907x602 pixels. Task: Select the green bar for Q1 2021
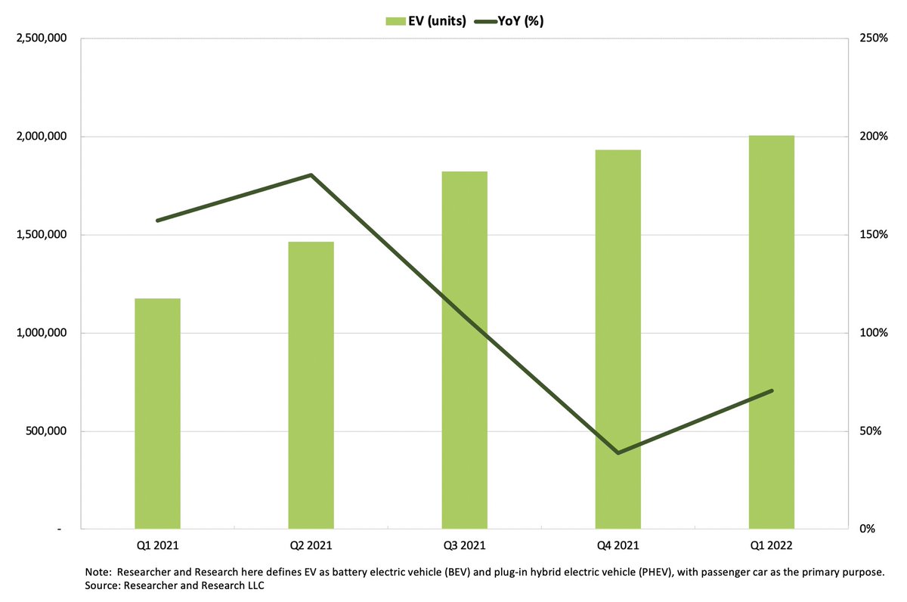(157, 413)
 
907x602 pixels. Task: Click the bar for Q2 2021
(311, 385)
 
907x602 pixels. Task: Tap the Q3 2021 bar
(464, 350)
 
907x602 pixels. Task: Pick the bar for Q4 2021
(618, 339)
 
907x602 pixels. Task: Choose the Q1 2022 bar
(772, 332)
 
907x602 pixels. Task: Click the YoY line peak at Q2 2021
(311, 175)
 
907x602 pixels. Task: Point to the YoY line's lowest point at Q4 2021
(618, 452)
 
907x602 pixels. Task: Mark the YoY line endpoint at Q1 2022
(772, 391)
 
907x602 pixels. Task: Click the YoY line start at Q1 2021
(157, 221)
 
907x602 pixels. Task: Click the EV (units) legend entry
(423, 21)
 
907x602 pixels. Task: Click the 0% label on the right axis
(867, 529)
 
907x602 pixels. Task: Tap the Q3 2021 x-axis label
(464, 545)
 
